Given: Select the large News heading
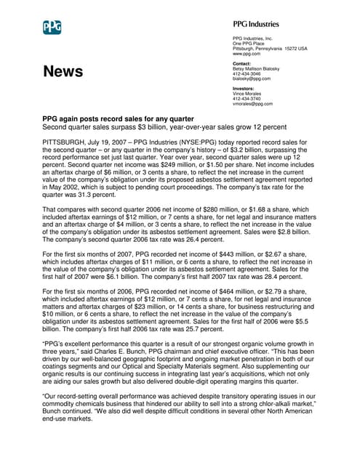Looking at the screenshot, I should click(x=63, y=71).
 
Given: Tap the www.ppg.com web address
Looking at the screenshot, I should click(x=247, y=54).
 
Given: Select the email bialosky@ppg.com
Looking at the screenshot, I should click(x=251, y=78).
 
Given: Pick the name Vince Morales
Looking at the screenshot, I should click(x=248, y=94).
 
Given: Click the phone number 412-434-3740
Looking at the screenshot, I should click(x=247, y=99).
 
